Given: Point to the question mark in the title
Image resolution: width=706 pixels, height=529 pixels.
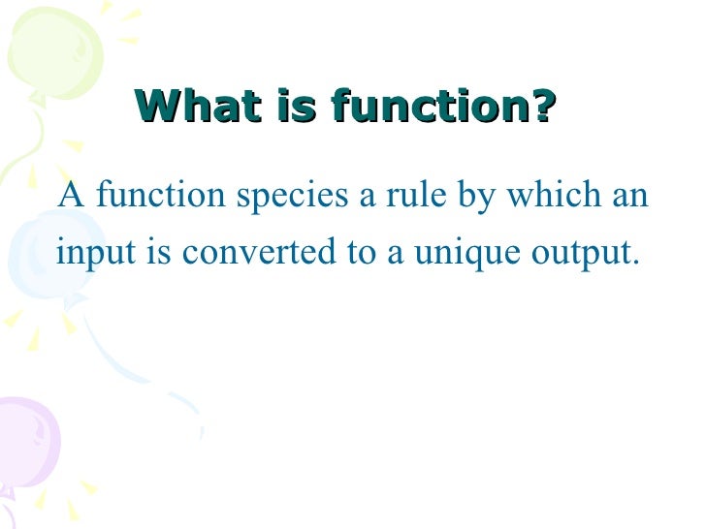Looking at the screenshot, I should [545, 107].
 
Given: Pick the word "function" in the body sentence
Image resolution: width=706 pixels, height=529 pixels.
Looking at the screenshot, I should [149, 196].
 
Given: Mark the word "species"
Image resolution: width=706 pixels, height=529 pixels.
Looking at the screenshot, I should [281, 198].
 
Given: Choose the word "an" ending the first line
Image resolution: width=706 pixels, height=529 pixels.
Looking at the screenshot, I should [628, 198].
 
